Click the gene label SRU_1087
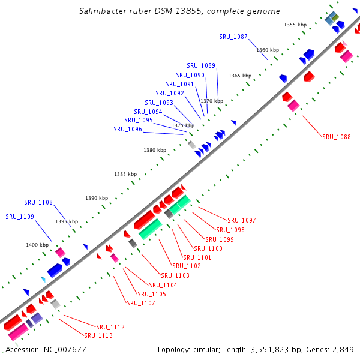click(x=233, y=37)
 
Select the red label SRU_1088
click(x=337, y=137)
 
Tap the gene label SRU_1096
click(x=128, y=130)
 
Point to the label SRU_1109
click(x=20, y=217)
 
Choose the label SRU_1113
click(x=98, y=336)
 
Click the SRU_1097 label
click(x=242, y=221)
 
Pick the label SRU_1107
click(x=141, y=304)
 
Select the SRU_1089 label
click(x=201, y=66)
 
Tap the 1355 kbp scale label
click(x=295, y=25)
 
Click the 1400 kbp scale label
click(x=37, y=245)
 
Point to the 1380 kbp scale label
click(x=155, y=150)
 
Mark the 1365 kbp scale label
click(x=240, y=76)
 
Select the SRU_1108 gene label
click(x=38, y=203)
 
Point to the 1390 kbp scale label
click(x=97, y=198)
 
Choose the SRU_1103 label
click(x=175, y=275)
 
